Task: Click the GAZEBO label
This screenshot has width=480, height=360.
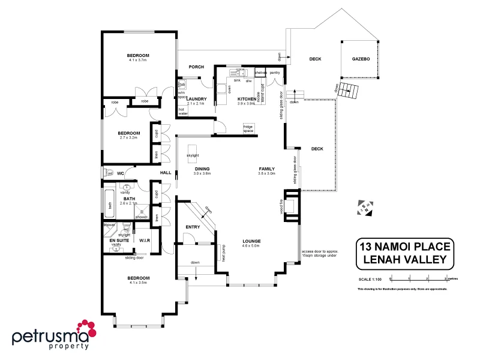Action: pyautogui.click(x=361, y=59)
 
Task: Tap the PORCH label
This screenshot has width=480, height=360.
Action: pyautogui.click(x=196, y=67)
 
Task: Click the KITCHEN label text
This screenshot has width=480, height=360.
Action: pyautogui.click(x=247, y=98)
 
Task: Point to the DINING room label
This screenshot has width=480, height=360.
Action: pyautogui.click(x=202, y=169)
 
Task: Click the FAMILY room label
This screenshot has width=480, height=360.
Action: pyautogui.click(x=266, y=169)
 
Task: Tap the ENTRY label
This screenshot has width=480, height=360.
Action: pyautogui.click(x=193, y=227)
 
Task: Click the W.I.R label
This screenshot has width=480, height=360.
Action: pyautogui.click(x=144, y=240)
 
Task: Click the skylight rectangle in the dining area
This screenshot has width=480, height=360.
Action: pyautogui.click(x=193, y=151)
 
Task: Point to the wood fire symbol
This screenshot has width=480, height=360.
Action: pyautogui.click(x=290, y=206)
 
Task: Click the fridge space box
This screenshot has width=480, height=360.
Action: pyautogui.click(x=248, y=128)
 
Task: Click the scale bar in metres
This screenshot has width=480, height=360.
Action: pyautogui.click(x=418, y=279)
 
